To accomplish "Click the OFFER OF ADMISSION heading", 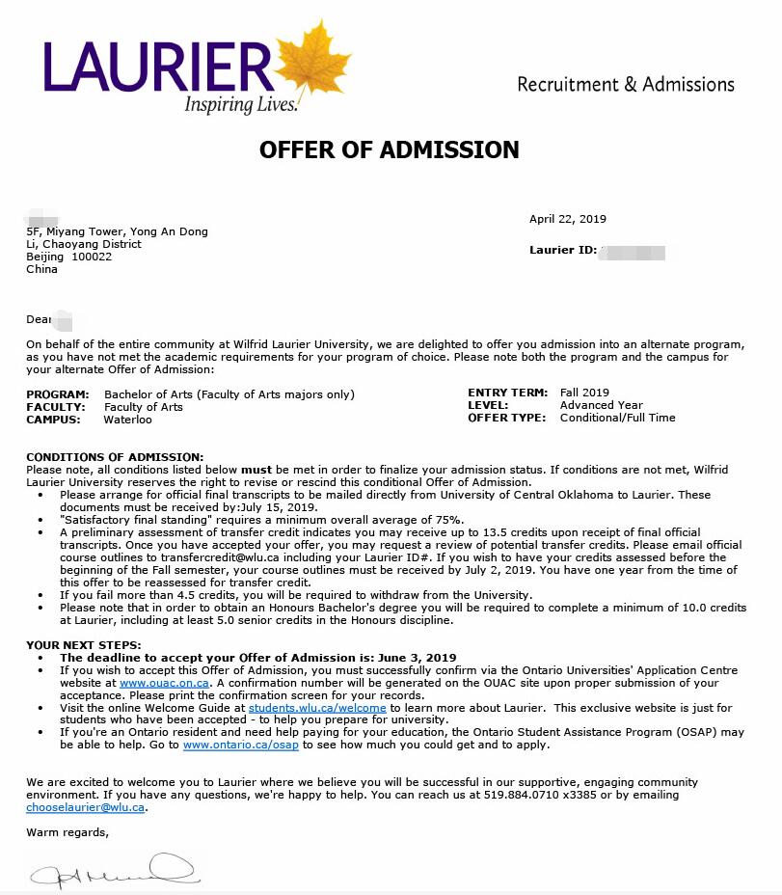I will pyautogui.click(x=389, y=150).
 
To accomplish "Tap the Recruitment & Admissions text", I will pyautogui.click(x=625, y=85).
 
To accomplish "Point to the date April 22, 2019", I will pyautogui.click(x=567, y=219).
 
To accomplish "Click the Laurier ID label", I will pyautogui.click(x=561, y=251).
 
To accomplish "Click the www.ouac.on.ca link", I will pyautogui.click(x=164, y=683).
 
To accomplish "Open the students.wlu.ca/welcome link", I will pyautogui.click(x=317, y=708).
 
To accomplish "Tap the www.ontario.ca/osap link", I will pyautogui.click(x=241, y=745).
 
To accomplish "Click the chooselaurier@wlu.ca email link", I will pyautogui.click(x=86, y=807).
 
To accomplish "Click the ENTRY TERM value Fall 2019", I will pyautogui.click(x=584, y=393).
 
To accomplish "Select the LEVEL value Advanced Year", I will pyautogui.click(x=601, y=405).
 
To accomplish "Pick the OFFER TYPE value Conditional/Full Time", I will pyautogui.click(x=617, y=418).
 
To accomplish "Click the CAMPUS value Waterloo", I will pyautogui.click(x=128, y=420).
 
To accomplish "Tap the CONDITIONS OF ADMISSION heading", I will pyautogui.click(x=115, y=456).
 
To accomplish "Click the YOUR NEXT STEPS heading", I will pyautogui.click(x=84, y=645).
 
